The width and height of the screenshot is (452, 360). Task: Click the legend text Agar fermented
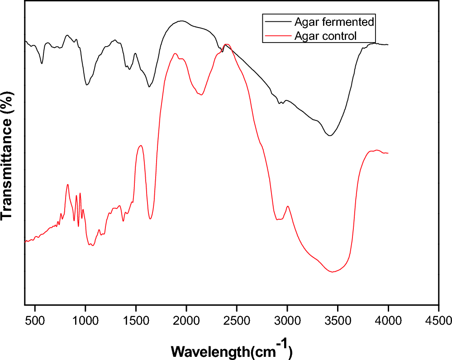334,21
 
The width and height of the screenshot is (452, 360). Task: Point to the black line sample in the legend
277,21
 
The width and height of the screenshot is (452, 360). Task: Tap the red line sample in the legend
277,35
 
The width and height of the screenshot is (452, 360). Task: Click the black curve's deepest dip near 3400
330,135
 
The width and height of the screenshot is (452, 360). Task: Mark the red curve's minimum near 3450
333,272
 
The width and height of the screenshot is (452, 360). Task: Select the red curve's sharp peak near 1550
141,145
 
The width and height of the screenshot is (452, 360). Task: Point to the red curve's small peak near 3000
287,206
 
